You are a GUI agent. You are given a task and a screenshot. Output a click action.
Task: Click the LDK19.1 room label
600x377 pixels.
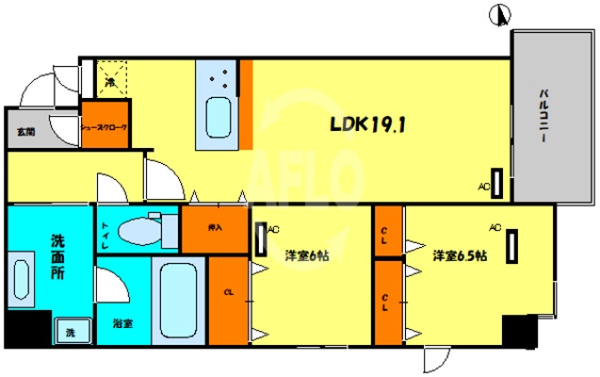[366, 123]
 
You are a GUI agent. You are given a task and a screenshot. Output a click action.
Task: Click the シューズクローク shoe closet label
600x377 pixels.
[104, 126]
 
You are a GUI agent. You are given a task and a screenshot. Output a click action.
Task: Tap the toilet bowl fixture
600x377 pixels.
[141, 229]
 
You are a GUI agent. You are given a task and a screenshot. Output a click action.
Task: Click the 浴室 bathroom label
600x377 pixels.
[123, 323]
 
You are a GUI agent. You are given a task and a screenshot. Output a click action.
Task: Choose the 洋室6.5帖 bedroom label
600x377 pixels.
[460, 254]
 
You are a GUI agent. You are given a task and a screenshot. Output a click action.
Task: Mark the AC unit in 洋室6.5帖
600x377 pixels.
[512, 248]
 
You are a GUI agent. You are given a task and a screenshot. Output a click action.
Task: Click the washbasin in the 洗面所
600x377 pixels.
[22, 279]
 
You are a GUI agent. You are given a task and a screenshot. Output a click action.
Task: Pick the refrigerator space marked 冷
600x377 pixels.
[111, 81]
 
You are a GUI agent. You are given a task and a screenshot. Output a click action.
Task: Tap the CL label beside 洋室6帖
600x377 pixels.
[228, 292]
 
